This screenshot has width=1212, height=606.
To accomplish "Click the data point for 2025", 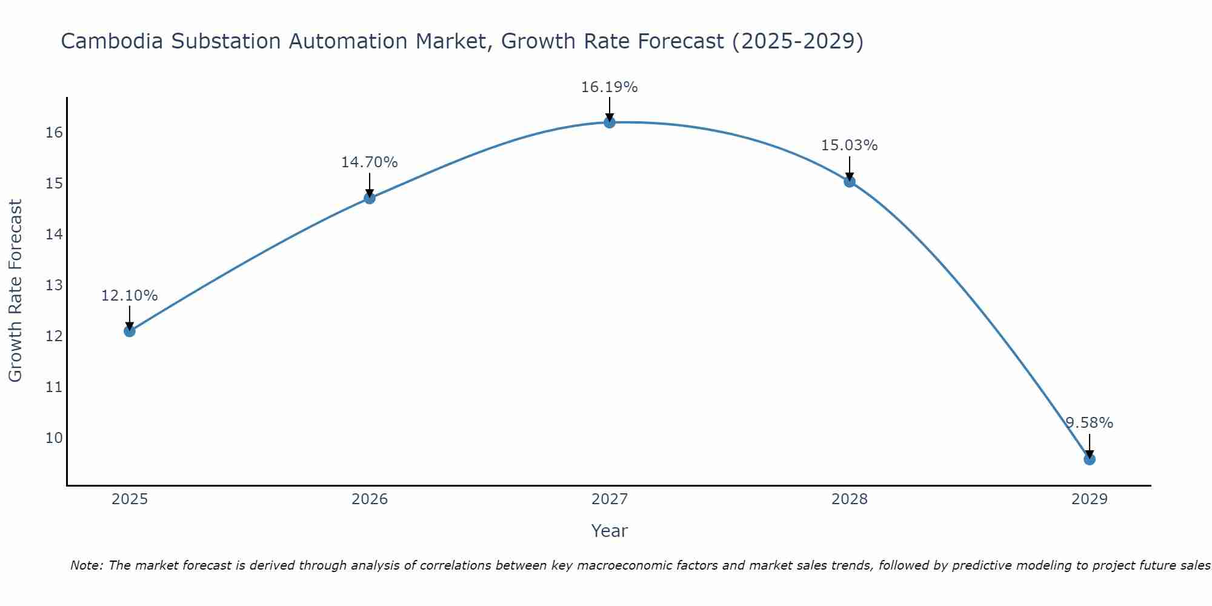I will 129,331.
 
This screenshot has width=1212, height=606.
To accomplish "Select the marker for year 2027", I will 609,122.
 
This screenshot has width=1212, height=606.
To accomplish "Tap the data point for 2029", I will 1089,459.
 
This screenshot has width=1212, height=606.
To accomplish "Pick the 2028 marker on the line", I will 849,181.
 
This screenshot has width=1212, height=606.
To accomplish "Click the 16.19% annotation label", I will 609,87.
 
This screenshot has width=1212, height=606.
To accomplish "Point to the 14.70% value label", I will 369,162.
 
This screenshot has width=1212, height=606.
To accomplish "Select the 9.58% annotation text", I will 1089,423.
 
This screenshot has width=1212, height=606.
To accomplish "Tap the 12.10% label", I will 129,296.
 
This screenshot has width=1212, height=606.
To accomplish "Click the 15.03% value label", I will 849,145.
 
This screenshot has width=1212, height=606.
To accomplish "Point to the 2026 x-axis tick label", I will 369,499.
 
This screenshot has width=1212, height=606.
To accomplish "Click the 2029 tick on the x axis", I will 1089,499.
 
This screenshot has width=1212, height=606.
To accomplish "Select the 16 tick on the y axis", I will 54,133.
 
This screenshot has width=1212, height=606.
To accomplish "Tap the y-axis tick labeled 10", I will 54,438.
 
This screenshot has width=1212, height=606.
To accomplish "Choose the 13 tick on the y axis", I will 54,285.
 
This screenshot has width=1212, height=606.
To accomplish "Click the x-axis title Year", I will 609,531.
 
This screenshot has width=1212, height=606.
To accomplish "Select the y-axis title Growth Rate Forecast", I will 16,291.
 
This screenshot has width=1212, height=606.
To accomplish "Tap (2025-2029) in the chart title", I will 797,41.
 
